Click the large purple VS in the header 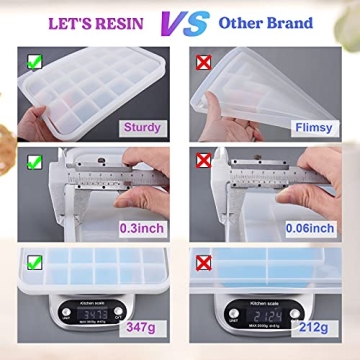coord(180,22)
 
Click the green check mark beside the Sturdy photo coord(34,61)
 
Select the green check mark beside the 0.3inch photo coord(34,160)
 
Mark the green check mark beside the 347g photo coord(34,264)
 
